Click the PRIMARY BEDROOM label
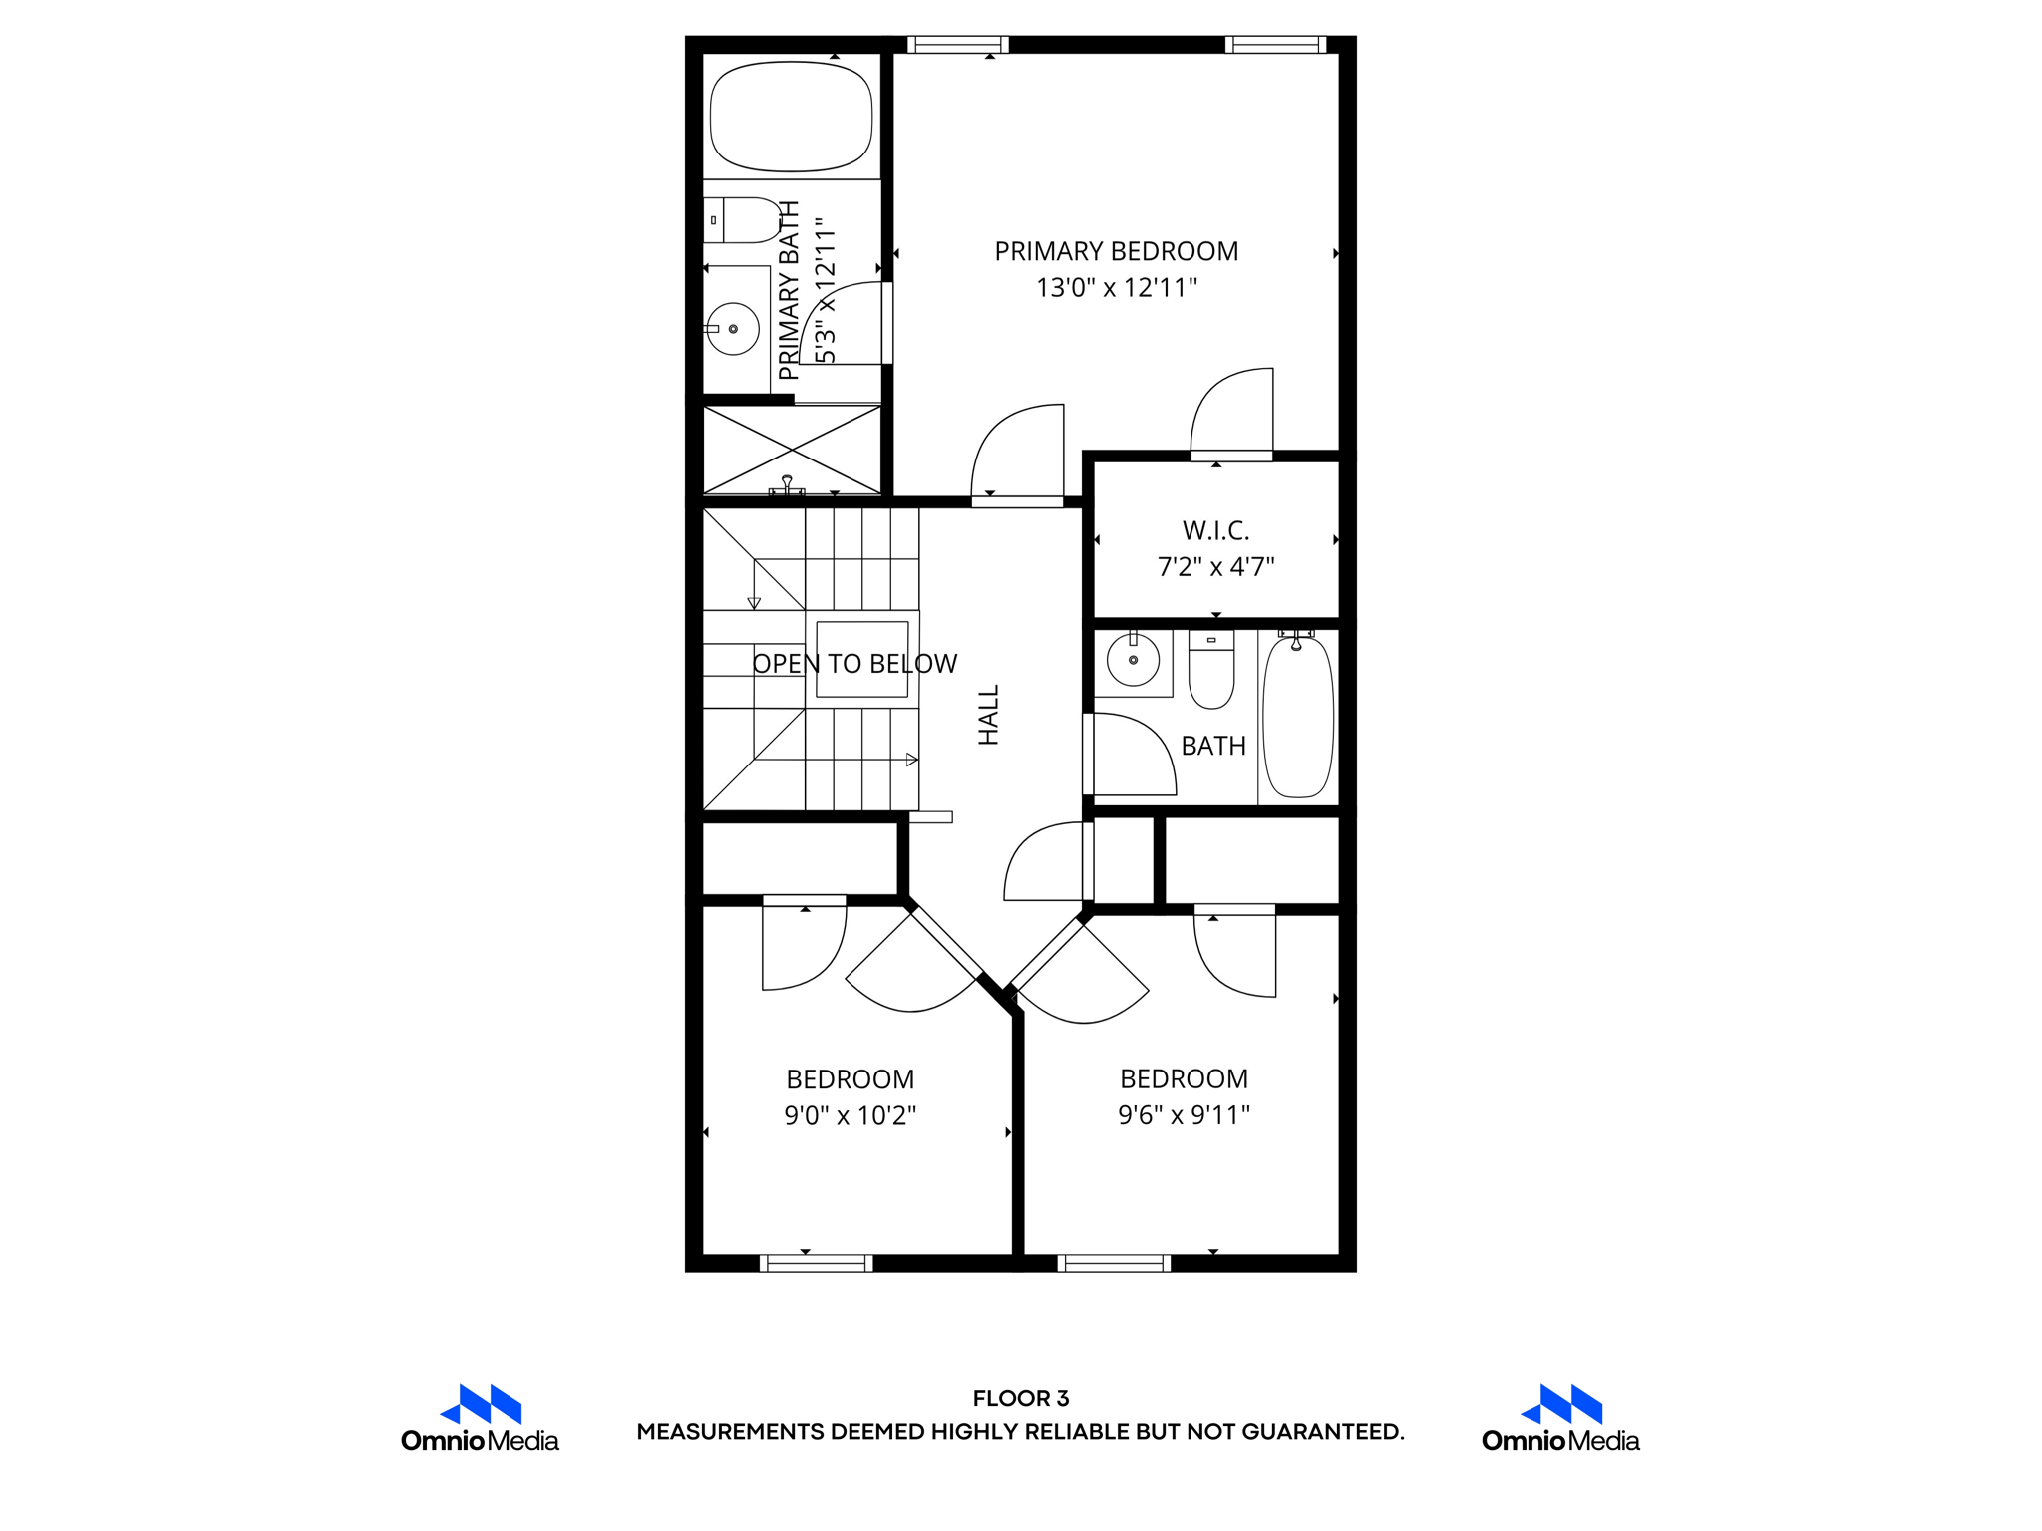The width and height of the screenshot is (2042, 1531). point(1116,251)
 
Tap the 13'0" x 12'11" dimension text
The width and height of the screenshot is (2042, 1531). point(1116,288)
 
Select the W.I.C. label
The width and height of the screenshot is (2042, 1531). point(1215,530)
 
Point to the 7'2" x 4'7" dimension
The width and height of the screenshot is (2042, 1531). point(1215,567)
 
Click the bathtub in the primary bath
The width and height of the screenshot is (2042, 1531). point(791,117)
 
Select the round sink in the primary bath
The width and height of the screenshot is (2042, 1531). point(733,329)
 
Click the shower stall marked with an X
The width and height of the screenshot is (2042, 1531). point(792,450)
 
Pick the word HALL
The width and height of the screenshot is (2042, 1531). point(988,715)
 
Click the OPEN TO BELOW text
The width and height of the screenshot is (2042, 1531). point(854,664)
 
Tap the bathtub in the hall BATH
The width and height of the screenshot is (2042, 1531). point(1298,718)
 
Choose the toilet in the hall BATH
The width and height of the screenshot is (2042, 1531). point(1211,672)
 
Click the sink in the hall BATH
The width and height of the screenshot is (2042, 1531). point(1134,660)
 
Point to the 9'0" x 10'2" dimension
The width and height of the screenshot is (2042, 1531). point(850,1115)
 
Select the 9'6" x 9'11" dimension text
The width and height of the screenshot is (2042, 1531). point(1184,1115)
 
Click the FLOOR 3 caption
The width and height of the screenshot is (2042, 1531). point(1020,1398)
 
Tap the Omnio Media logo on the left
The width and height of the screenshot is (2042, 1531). point(480,1419)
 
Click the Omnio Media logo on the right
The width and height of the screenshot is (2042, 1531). point(1560,1419)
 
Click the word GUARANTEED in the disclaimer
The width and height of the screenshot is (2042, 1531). point(1322,1432)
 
